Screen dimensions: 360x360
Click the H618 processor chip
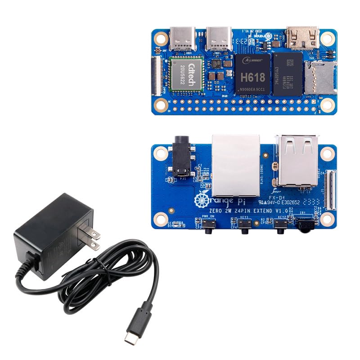click(x=252, y=74)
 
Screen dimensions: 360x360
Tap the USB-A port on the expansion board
click(x=297, y=160)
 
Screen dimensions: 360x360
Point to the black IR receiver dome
click(x=306, y=224)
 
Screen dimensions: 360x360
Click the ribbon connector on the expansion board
click(x=333, y=189)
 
